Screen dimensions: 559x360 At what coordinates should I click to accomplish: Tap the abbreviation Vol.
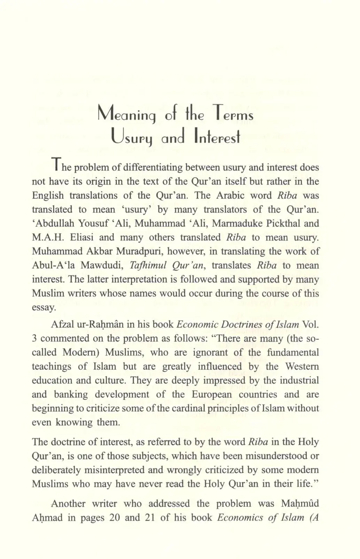pyautogui.click(x=311, y=324)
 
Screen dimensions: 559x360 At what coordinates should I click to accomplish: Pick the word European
pyautogui.click(x=211, y=394)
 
